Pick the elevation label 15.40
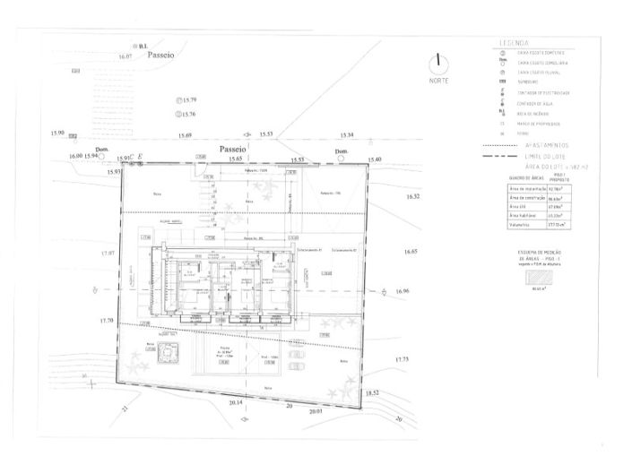click(x=374, y=159)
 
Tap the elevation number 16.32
click(x=412, y=195)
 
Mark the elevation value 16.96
click(x=401, y=291)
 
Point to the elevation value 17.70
click(x=108, y=321)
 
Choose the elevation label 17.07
click(x=108, y=254)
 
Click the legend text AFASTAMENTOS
click(x=544, y=145)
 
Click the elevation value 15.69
click(x=184, y=135)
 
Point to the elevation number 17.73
click(x=401, y=358)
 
